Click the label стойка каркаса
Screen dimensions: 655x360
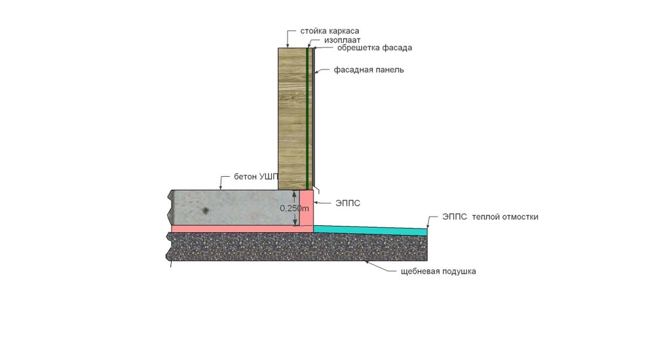coord(329,31)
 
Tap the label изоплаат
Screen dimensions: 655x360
coord(342,41)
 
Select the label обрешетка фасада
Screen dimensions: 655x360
coord(375,48)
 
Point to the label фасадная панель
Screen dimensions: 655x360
coord(369,70)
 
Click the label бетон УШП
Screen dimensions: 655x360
coord(255,177)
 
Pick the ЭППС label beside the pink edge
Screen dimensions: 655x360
coord(348,204)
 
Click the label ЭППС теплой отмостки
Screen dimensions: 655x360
coord(490,217)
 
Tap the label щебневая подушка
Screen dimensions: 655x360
coord(438,272)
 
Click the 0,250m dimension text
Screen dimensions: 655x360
coord(294,208)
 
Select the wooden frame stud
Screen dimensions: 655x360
coord(292,119)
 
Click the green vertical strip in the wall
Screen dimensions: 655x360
coord(307,119)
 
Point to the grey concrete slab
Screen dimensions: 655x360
coord(234,207)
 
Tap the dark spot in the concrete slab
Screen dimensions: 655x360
coord(205,211)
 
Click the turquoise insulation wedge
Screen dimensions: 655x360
coord(370,230)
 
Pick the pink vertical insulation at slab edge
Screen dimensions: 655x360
coord(307,208)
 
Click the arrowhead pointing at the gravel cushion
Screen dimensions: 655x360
coord(366,262)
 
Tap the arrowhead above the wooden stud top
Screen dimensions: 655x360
coord(287,46)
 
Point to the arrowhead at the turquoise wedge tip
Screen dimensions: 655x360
coord(427,226)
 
